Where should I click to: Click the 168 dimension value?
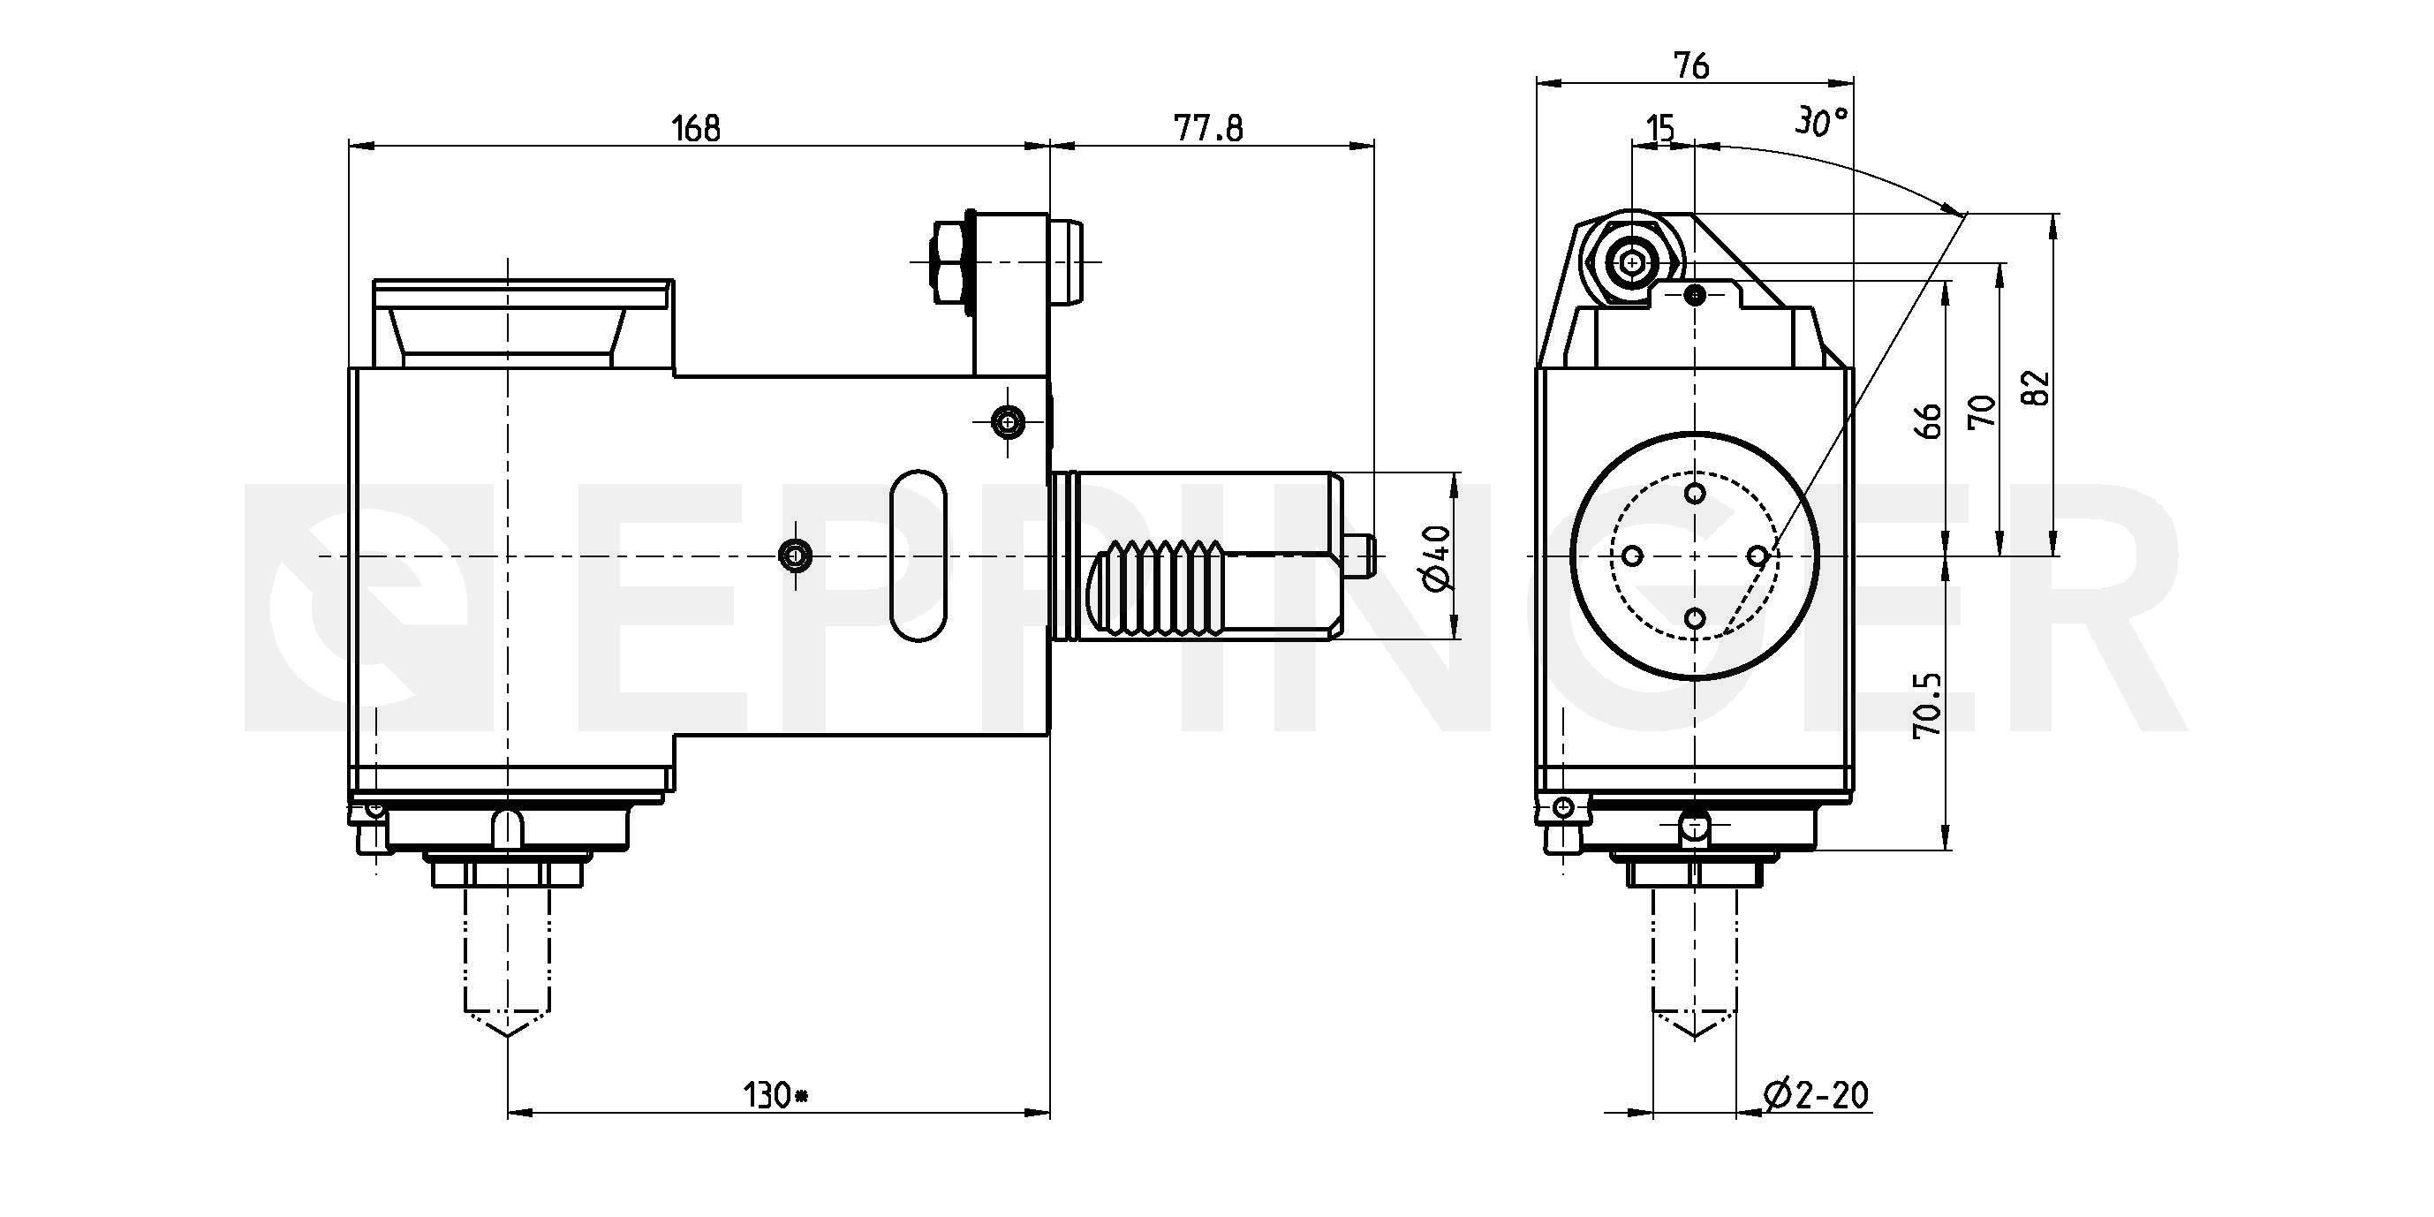point(695,127)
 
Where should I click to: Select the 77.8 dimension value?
point(1208,127)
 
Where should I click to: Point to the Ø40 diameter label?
point(1435,557)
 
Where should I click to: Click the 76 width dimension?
point(1691,65)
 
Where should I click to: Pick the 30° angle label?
point(1821,121)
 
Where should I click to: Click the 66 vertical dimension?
point(1931,420)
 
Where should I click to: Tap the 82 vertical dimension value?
point(2038,387)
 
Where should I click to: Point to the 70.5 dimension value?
point(1926,705)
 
